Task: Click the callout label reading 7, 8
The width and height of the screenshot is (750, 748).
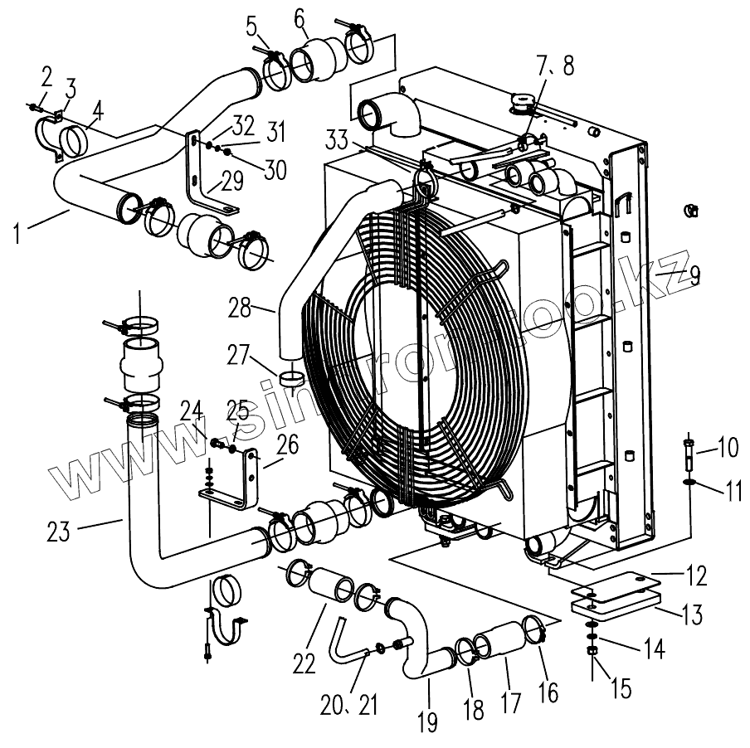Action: tap(553, 66)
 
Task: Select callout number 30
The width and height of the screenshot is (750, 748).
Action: tap(275, 168)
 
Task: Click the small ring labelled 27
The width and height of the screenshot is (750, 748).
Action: tap(291, 379)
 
